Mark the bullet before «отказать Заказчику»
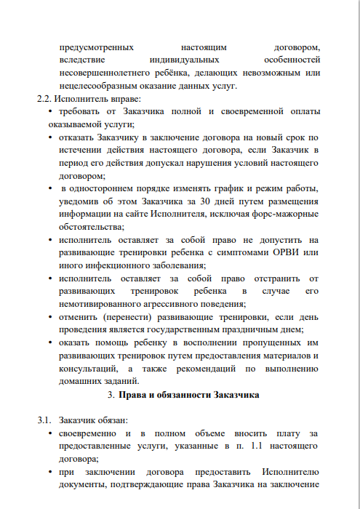[x=49, y=137]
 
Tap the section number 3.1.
[x=44, y=420]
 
